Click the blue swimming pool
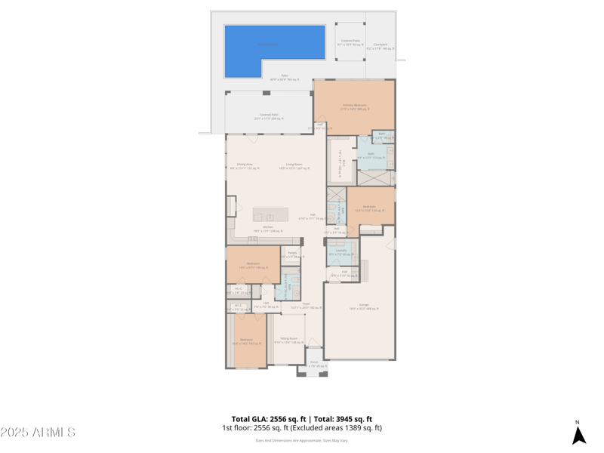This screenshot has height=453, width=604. click(x=275, y=51)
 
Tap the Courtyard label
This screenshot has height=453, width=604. click(x=381, y=46)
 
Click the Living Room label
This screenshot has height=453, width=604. click(x=294, y=166)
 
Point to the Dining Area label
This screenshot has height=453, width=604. click(x=245, y=166)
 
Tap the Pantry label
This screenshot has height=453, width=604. click(x=292, y=254)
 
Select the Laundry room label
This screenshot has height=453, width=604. click(x=341, y=251)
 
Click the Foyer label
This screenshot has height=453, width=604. click(x=306, y=305)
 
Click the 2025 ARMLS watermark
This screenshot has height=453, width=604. click(x=38, y=433)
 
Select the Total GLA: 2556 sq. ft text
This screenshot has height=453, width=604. click(x=269, y=419)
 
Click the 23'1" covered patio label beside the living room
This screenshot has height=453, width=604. click(x=269, y=116)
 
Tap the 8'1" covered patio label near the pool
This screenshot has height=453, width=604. click(x=350, y=42)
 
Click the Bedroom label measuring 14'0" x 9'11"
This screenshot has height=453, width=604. click(x=253, y=265)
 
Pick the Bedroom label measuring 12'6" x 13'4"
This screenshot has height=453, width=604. click(x=369, y=208)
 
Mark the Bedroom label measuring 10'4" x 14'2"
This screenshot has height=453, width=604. click(x=246, y=341)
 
